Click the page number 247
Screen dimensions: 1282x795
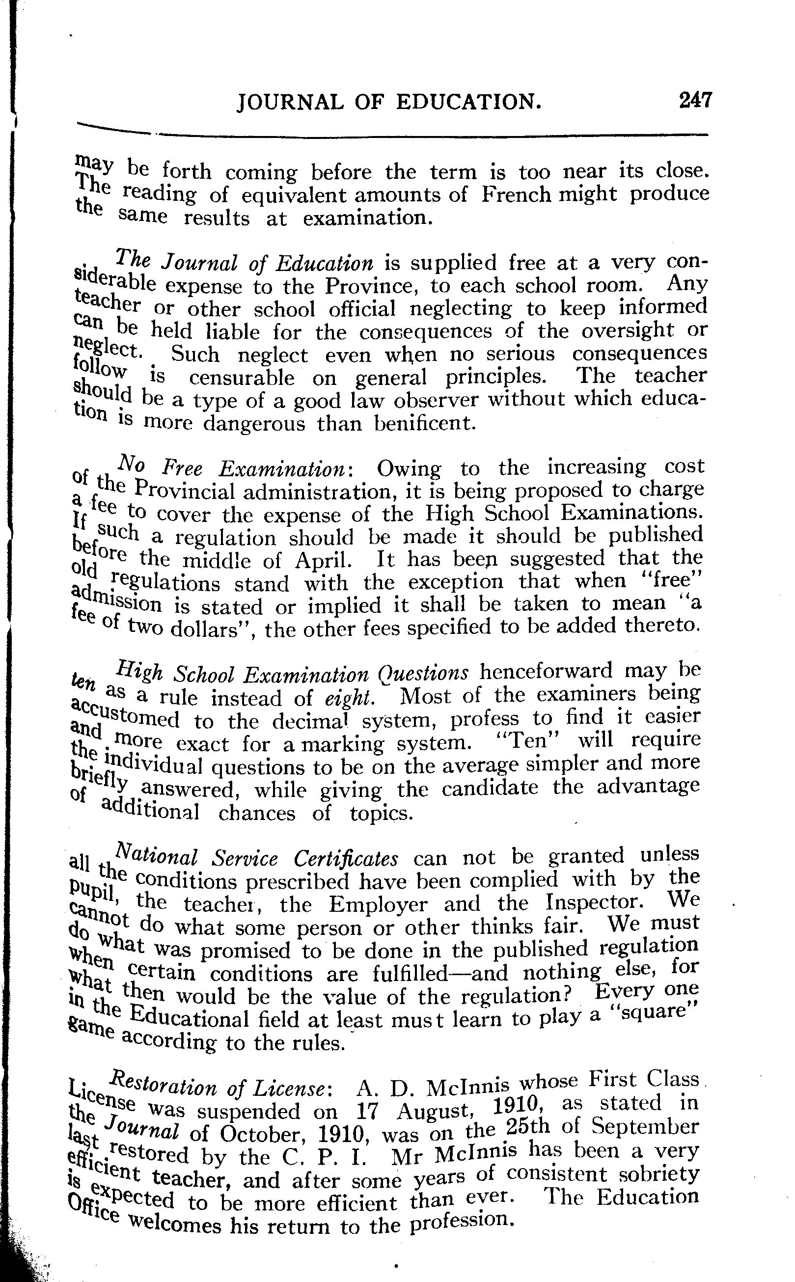click(x=694, y=100)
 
